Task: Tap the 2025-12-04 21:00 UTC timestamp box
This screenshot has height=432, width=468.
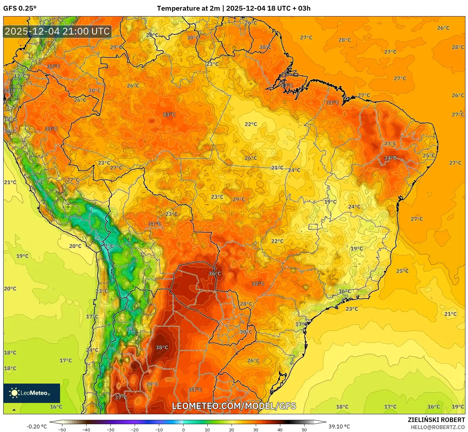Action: (x=57, y=31)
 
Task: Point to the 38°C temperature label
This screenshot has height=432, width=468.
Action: (x=162, y=347)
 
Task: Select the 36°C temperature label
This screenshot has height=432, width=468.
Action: (x=215, y=273)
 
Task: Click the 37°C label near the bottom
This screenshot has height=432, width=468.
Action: (x=121, y=397)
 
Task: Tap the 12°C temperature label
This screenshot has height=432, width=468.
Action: (x=20, y=76)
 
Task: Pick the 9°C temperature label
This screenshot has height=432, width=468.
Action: (x=39, y=182)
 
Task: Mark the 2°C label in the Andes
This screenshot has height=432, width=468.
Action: (x=109, y=246)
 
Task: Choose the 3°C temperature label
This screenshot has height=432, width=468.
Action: (x=130, y=329)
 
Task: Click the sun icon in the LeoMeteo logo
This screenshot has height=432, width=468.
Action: (x=14, y=393)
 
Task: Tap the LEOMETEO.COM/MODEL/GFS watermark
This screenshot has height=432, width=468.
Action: (x=234, y=406)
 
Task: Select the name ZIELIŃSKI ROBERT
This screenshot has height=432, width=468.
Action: (x=436, y=420)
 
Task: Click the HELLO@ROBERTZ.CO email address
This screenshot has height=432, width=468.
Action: (x=438, y=427)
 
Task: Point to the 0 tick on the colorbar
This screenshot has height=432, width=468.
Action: (x=183, y=429)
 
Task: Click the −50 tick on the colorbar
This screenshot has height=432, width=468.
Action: (x=62, y=429)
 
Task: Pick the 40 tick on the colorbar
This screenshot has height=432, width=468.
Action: (x=280, y=429)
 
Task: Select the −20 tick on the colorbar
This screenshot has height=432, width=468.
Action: (x=135, y=429)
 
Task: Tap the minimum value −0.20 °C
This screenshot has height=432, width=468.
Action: (x=36, y=427)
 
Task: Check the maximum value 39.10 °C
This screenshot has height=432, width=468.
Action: (x=339, y=427)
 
